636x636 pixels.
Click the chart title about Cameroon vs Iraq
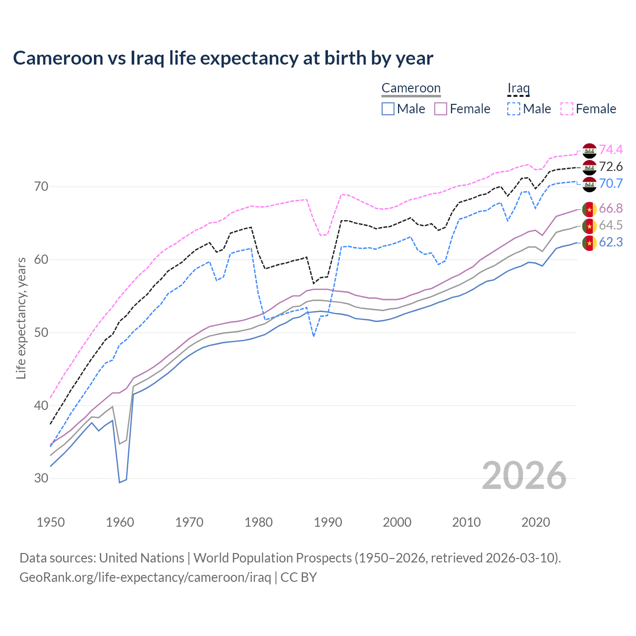click(223, 58)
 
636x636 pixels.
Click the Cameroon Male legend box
click(388, 109)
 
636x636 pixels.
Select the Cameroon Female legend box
click(441, 109)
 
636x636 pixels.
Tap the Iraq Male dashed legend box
click(514, 109)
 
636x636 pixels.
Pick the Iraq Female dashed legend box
click(567, 109)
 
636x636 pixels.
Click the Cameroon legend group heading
click(411, 88)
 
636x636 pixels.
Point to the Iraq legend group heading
click(518, 88)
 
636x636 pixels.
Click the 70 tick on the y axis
click(41, 187)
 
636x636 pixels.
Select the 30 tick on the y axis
click(41, 478)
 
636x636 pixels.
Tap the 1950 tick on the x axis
click(51, 522)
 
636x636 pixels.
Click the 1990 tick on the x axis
click(328, 522)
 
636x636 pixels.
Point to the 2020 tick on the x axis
click(536, 522)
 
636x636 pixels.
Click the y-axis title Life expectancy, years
click(21, 318)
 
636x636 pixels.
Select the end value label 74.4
click(611, 150)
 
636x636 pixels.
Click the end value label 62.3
click(611, 242)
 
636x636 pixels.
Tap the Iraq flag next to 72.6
click(589, 167)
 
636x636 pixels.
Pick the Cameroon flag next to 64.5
click(589, 226)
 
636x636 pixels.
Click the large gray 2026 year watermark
click(524, 476)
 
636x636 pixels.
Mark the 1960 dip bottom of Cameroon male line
click(120, 482)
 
